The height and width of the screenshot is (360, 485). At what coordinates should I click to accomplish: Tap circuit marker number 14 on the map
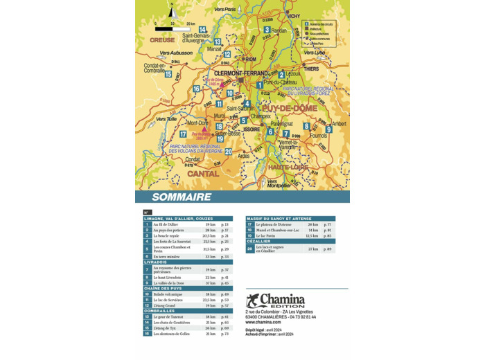[x=202, y=30]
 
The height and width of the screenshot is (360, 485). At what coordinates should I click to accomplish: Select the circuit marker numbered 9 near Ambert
[x=328, y=129]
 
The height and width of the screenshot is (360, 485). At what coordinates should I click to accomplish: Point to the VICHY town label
[x=294, y=16]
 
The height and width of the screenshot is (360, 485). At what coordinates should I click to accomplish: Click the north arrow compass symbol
[x=173, y=10]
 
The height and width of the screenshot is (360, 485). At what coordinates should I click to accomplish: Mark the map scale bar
[x=173, y=29]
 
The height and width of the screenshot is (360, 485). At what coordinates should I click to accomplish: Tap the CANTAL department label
[x=203, y=174]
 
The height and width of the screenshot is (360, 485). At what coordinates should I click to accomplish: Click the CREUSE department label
[x=162, y=40]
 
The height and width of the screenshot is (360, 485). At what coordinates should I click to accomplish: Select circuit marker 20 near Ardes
[x=228, y=152]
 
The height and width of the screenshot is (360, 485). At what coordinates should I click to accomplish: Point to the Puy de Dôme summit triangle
[x=222, y=84]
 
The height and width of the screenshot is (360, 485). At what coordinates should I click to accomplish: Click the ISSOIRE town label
[x=252, y=129]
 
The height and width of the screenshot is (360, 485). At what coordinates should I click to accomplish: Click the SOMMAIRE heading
[x=182, y=197]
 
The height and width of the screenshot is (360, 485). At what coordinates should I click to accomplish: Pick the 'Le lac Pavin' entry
[x=266, y=236]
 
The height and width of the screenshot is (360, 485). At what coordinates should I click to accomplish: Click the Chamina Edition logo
[x=275, y=300]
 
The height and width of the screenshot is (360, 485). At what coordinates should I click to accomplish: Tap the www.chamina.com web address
[x=263, y=322]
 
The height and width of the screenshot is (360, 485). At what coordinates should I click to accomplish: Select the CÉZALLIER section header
[x=258, y=242]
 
